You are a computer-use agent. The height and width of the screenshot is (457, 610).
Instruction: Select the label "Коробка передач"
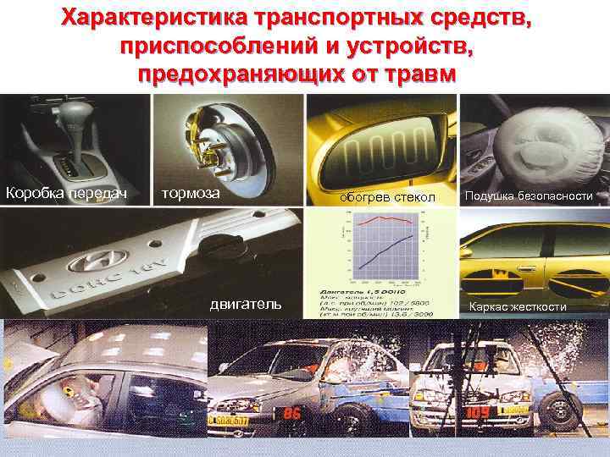click(66, 193)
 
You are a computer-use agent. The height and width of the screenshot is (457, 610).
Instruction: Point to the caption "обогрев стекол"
click(386, 197)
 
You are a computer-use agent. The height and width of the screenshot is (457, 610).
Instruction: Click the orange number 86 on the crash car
click(292, 414)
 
